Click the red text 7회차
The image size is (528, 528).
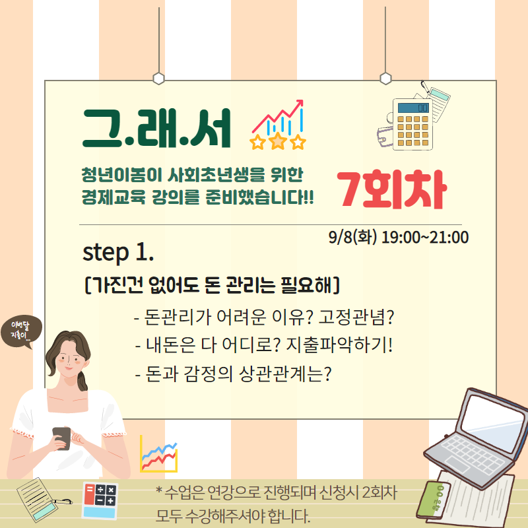click(391, 189)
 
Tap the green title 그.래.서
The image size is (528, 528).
click(156, 128)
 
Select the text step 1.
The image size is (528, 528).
click(118, 253)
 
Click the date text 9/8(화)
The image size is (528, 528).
click(352, 237)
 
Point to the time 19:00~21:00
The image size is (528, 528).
click(425, 237)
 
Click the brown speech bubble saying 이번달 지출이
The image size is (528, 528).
click(21, 331)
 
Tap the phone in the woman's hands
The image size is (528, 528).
click(61, 438)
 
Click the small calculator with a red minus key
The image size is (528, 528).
click(100, 500)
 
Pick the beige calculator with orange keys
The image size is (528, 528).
click(412, 124)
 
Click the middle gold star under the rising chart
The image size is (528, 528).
click(277, 140)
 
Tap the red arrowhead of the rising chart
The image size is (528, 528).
click(299, 103)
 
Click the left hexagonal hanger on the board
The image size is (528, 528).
click(158, 79)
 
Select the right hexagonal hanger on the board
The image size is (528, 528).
click(385, 79)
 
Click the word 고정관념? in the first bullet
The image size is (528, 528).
click(356, 317)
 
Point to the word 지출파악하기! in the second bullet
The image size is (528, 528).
click(339, 345)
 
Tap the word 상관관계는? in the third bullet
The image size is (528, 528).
click(285, 374)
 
